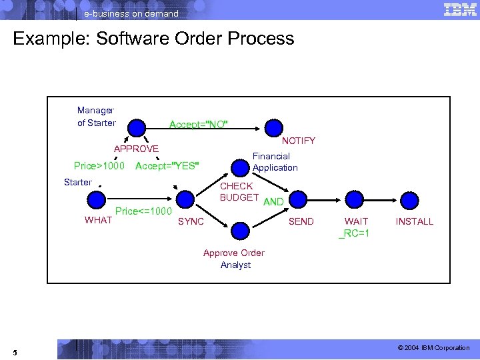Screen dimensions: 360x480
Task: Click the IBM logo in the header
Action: coord(459,10)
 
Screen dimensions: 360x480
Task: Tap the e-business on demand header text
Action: coord(131,13)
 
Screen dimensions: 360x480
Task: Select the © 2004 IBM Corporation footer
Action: coord(433,348)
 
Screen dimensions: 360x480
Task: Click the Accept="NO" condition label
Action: coord(199,125)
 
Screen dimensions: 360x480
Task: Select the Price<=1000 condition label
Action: coord(143,211)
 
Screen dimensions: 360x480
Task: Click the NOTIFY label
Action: coord(299,141)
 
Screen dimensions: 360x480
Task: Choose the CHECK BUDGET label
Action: coord(239,192)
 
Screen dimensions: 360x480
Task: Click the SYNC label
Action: coord(191,221)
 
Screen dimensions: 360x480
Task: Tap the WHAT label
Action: coord(99,221)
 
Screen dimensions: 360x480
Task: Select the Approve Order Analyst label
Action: coord(234,259)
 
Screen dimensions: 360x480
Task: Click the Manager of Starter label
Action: coord(96,117)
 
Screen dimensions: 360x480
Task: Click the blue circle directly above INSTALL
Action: coord(409,199)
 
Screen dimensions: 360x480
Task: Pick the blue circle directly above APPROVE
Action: coord(137,127)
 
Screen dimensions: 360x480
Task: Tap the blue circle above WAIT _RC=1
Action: coord(354,199)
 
